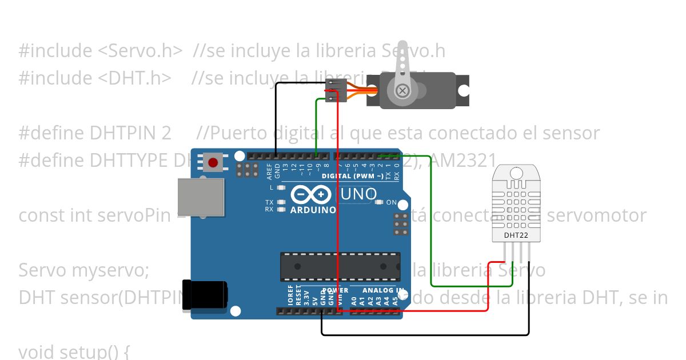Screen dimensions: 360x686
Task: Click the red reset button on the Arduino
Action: pos(213,162)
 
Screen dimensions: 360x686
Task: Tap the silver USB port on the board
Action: pos(200,197)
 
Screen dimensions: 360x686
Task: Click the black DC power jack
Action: pos(204,295)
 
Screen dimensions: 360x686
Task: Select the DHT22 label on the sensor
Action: pos(514,235)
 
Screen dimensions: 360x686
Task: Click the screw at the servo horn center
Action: pos(403,90)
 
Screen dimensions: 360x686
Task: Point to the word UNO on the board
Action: pos(358,194)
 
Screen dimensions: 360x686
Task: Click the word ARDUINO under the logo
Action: pos(313,210)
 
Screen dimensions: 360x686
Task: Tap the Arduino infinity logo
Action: pos(311,195)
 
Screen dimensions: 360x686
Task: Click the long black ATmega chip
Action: pos(340,266)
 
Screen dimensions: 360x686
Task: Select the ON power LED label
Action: pos(392,202)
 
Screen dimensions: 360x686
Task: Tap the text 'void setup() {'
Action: pos(74,351)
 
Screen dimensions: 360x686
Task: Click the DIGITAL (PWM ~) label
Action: pos(352,176)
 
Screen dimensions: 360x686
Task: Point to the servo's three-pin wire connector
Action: pos(336,90)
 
